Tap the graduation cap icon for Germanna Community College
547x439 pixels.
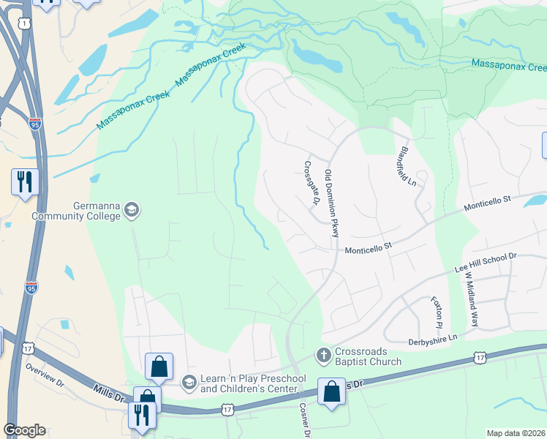(132, 211)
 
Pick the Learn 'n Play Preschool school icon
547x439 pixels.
(189, 381)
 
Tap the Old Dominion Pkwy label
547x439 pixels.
(333, 203)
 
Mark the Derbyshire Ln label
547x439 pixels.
(432, 337)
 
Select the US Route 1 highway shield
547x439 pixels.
(26, 24)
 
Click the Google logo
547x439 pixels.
(24, 430)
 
